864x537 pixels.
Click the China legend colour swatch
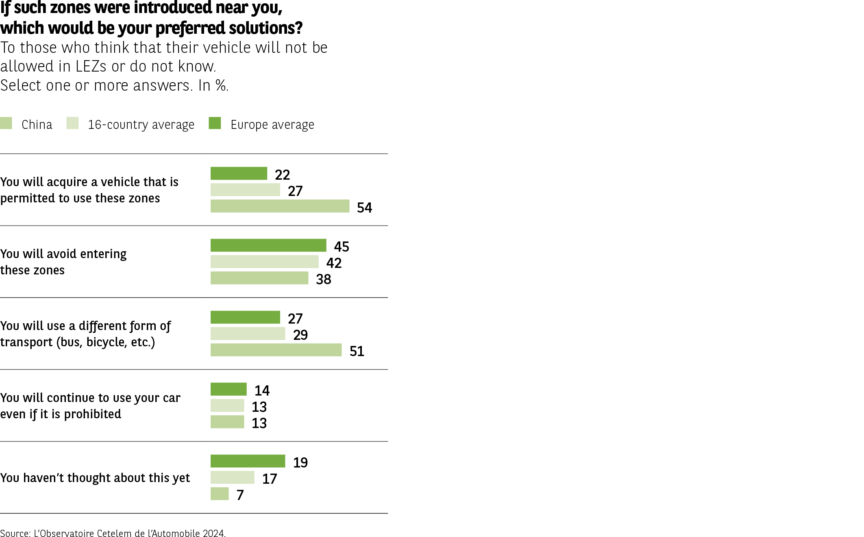[x=6, y=123]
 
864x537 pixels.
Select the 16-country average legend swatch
[x=72, y=123]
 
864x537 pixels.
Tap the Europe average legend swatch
[x=215, y=123]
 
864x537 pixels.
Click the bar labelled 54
[x=280, y=206]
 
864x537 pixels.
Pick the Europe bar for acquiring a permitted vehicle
[x=239, y=174]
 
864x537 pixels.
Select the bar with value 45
[x=268, y=246]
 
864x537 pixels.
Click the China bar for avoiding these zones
[x=259, y=278]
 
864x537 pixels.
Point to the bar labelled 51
[x=276, y=350]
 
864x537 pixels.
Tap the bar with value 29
[x=248, y=334]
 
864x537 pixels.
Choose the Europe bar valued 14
[x=229, y=389]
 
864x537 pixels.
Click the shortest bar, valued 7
[x=220, y=494]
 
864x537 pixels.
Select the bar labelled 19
[x=248, y=461]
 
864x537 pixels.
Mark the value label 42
[x=334, y=263]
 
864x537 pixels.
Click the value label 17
[x=270, y=479]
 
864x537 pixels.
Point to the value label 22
[x=283, y=175]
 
